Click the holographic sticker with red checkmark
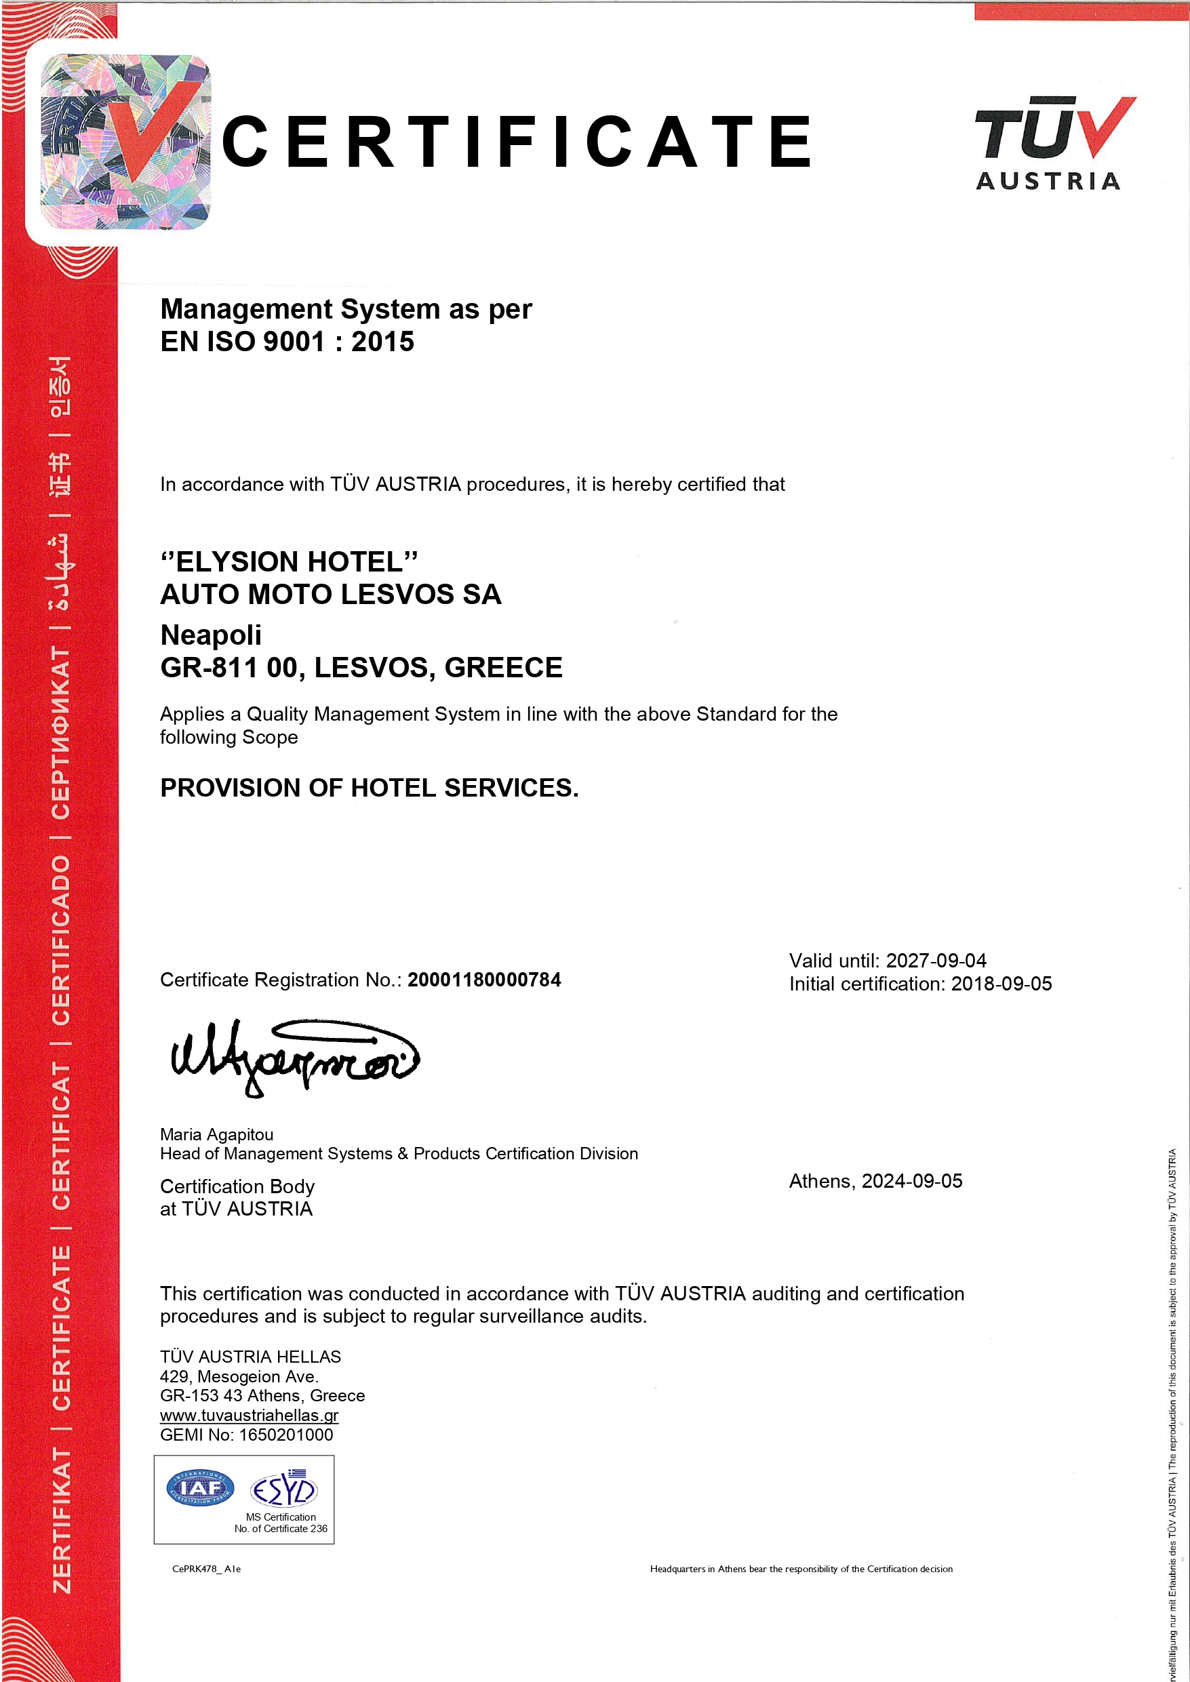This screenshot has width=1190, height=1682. point(125,142)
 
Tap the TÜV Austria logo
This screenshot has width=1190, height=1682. point(1054,144)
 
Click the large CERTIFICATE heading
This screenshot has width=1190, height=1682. point(517,142)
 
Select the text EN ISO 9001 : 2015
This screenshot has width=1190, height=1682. point(287,342)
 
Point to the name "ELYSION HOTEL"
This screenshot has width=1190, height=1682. point(290,562)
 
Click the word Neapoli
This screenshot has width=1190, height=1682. point(210,635)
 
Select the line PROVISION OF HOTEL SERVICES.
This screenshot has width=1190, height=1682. point(370,788)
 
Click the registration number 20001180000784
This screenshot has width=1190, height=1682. point(484,980)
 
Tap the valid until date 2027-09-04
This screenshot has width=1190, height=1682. point(936,961)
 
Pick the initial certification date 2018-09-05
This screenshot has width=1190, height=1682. point(1001,984)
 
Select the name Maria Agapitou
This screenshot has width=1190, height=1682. point(217,1135)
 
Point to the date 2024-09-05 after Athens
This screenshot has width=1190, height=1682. point(911,1182)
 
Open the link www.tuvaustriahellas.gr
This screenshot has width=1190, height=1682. point(249,1416)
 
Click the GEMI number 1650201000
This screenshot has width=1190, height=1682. point(285,1435)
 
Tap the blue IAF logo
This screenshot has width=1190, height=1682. point(200,1488)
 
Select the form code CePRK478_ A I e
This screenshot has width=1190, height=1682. point(207,1569)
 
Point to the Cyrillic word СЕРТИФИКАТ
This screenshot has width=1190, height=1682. point(62,733)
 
